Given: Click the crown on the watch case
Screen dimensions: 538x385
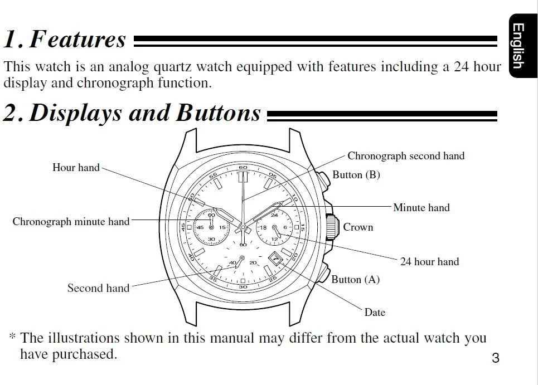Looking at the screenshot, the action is (x=332, y=227).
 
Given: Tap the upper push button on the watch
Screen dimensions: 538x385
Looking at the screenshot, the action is (x=323, y=179).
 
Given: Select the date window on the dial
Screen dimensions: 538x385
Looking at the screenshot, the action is (x=275, y=259).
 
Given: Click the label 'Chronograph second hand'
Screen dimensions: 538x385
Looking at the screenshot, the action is (x=406, y=156).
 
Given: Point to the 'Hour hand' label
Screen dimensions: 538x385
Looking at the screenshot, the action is (x=76, y=167).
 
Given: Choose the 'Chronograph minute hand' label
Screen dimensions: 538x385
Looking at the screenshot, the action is (x=71, y=221).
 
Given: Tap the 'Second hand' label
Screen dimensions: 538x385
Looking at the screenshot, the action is (x=99, y=288).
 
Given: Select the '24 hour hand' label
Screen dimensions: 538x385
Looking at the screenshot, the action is (x=430, y=261).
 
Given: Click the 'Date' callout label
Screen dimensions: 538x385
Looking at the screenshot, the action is (x=375, y=313).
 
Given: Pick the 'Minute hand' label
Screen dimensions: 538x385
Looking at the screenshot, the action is (x=421, y=207).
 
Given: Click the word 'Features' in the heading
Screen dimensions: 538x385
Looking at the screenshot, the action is (x=77, y=39).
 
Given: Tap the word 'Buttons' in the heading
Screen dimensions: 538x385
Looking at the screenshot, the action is (x=219, y=113).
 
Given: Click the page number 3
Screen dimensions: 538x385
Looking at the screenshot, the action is (x=496, y=358).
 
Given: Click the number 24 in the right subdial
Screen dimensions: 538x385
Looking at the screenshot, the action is (x=274, y=215).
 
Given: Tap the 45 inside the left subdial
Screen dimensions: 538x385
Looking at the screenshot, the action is (x=200, y=227).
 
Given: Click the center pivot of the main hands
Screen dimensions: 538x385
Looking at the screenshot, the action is (x=243, y=227).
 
